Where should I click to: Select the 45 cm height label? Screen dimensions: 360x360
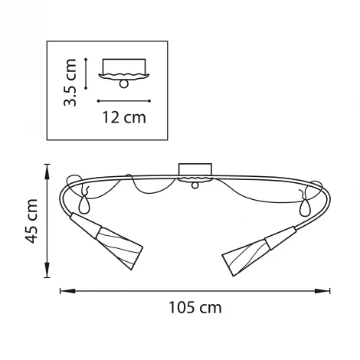coord(31,221)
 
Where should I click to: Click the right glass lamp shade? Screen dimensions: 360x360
coord(247,253)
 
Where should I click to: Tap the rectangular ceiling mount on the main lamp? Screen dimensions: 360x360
coord(195,169)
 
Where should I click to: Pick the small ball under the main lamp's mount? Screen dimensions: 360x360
coord(195,185)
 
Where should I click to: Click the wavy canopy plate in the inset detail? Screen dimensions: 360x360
coord(123,75)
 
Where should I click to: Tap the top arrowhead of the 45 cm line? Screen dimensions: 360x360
coord(47,166)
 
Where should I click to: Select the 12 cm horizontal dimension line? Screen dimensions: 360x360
coord(123,100)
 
